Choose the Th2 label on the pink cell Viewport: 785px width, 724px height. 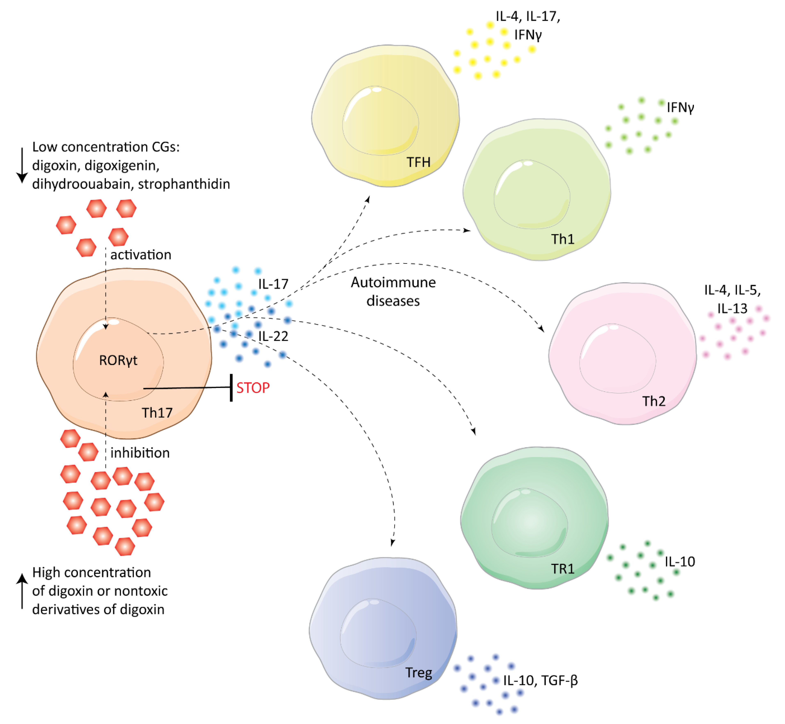pos(653,401)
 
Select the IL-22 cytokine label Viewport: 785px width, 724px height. pos(273,336)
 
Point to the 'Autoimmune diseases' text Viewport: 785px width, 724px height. pos(393,291)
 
